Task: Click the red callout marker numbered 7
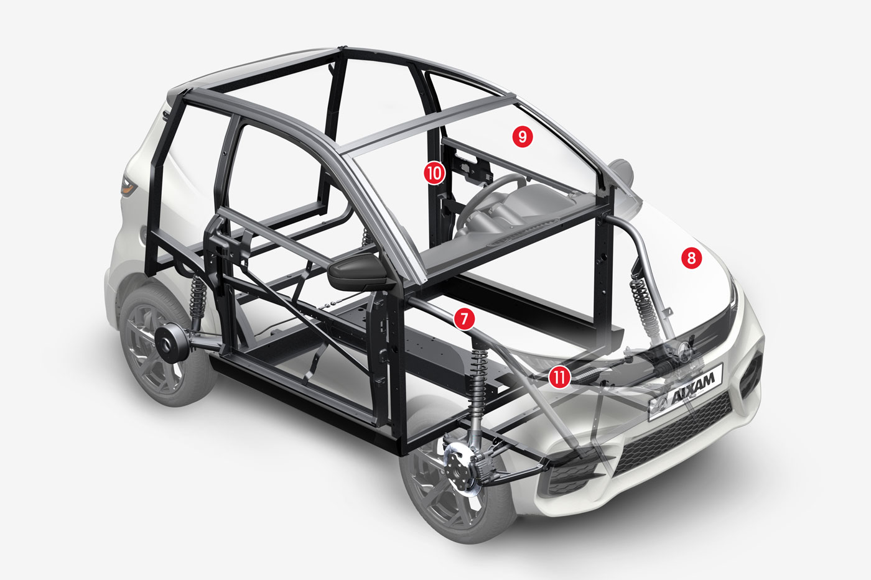(x=464, y=319)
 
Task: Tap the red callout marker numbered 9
(x=522, y=137)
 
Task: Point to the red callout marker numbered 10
(x=434, y=173)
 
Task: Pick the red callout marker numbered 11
(x=559, y=377)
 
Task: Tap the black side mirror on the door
(x=358, y=274)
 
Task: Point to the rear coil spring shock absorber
(x=198, y=297)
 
